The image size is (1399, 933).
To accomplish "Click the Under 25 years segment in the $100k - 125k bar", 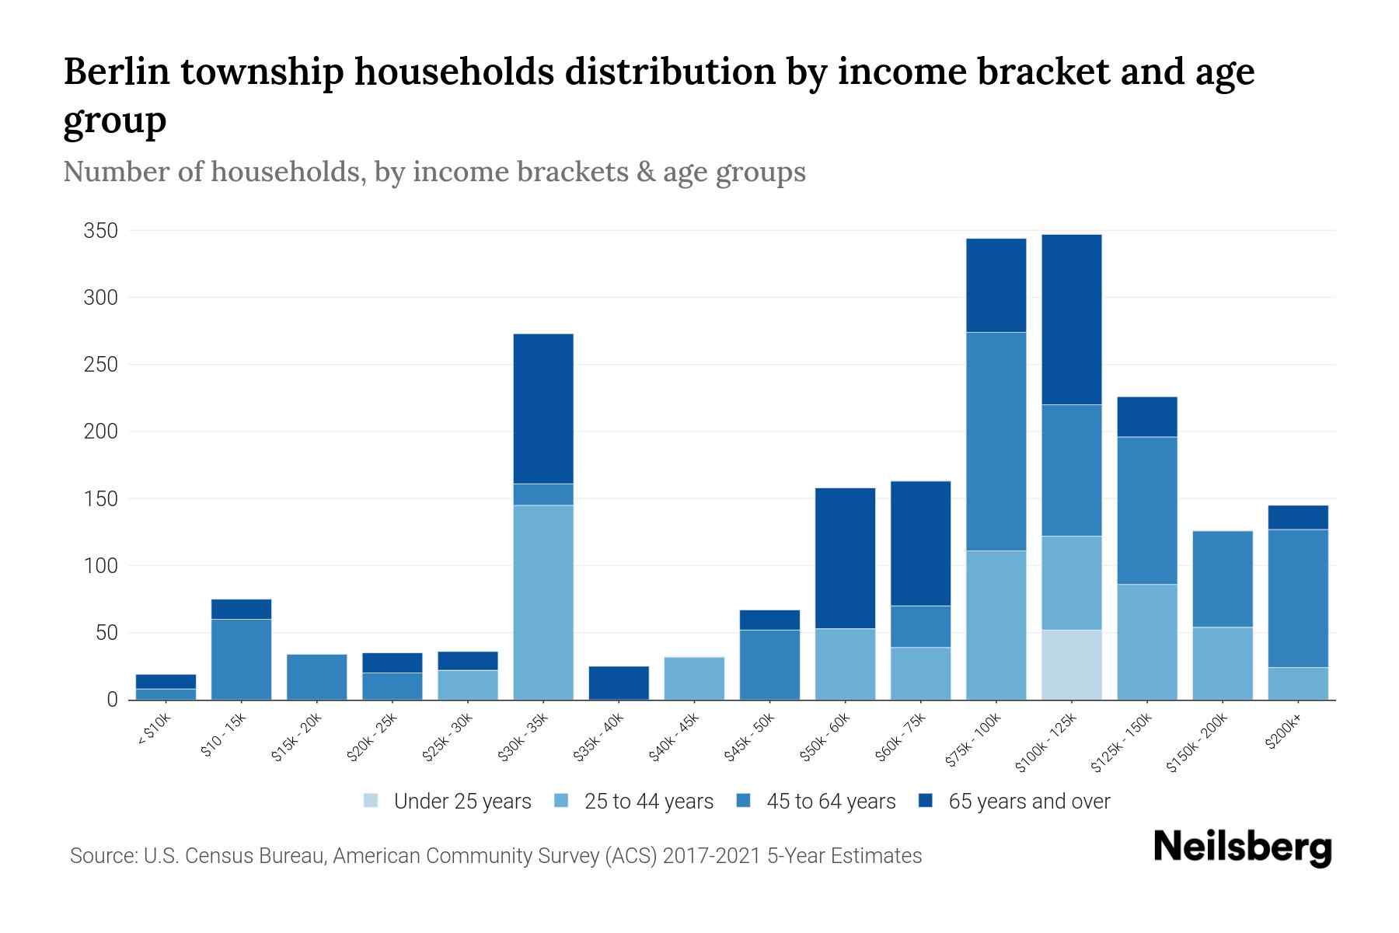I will click(1072, 665).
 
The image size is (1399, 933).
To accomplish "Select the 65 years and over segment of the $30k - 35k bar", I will click(543, 409).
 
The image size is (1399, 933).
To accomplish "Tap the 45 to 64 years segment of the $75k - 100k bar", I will click(996, 442).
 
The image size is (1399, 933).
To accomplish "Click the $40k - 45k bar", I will click(694, 678).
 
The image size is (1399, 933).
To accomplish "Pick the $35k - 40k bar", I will click(619, 683).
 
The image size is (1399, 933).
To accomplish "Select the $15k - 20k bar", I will click(316, 676).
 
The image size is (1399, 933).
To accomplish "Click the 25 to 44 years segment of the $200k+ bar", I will click(1298, 683).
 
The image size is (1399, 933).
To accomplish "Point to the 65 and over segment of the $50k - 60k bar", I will click(845, 558).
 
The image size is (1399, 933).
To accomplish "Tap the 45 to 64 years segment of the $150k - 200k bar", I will click(1223, 579).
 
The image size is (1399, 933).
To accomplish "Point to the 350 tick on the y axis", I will click(101, 231).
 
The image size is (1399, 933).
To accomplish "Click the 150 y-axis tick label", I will click(101, 498).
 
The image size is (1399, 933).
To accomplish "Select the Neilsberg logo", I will click(1242, 847).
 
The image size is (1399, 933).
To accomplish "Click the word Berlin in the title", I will click(116, 72).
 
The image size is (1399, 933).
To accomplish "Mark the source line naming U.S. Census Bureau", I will click(495, 856).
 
